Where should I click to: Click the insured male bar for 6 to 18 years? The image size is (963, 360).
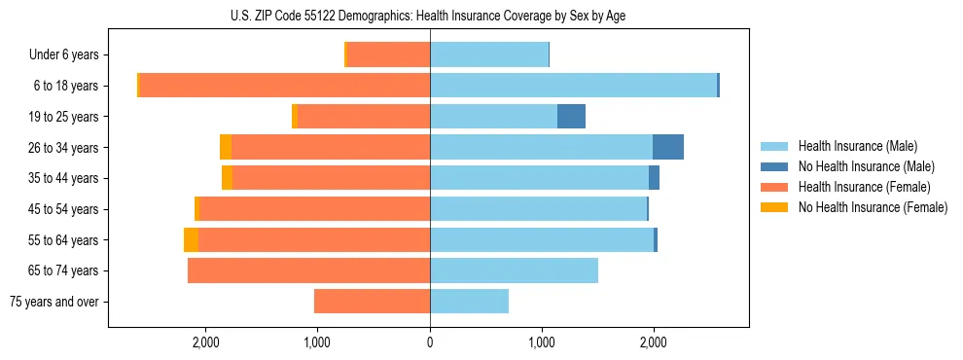(x=573, y=86)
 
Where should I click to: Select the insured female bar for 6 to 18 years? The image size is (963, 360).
(x=285, y=86)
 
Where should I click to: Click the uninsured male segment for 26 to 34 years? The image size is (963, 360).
(x=668, y=147)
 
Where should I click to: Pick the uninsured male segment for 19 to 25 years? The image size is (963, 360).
(x=571, y=117)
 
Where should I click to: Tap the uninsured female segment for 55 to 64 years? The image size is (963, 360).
(x=191, y=239)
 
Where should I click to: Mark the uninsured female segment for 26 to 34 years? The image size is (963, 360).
(x=226, y=147)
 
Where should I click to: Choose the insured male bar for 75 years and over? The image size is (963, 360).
(x=469, y=302)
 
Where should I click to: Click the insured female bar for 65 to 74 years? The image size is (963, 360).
(x=309, y=270)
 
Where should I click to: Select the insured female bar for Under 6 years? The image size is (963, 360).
(x=388, y=55)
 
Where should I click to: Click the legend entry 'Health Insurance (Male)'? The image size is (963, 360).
(x=857, y=146)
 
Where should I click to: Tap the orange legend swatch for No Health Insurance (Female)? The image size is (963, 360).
(x=775, y=207)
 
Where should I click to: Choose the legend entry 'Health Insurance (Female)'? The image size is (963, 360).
(x=864, y=187)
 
